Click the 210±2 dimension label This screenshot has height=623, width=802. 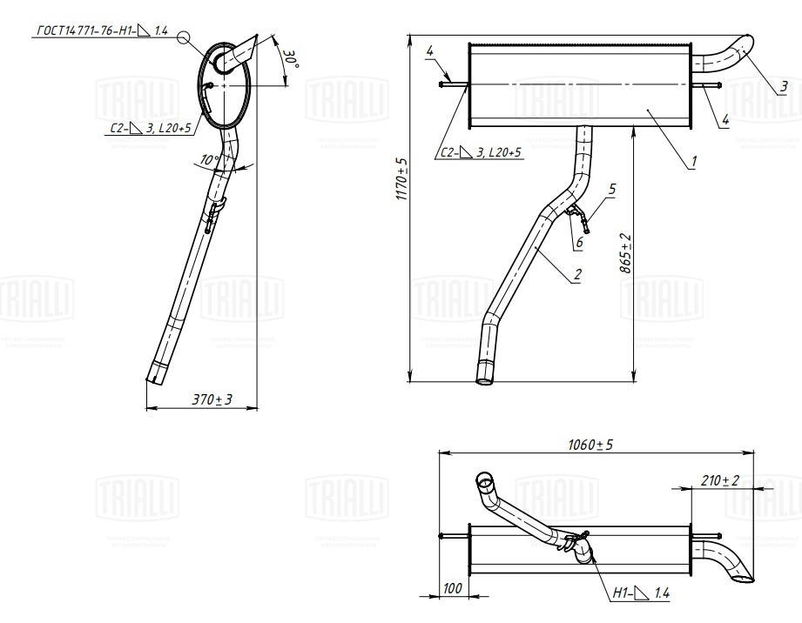tap(719, 480)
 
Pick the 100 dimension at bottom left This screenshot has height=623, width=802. tap(452, 589)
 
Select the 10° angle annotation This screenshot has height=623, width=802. tap(208, 161)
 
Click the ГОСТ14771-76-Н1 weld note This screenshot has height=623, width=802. tap(101, 31)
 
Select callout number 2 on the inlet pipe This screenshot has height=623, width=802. tap(576, 275)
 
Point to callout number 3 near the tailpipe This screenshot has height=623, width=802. tap(784, 85)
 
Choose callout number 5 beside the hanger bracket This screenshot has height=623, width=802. tap(612, 187)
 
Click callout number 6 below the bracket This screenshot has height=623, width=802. tap(577, 244)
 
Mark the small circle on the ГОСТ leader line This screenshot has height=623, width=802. tap(182, 37)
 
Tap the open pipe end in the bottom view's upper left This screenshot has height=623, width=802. tap(483, 480)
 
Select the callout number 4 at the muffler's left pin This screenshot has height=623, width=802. tap(430, 53)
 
